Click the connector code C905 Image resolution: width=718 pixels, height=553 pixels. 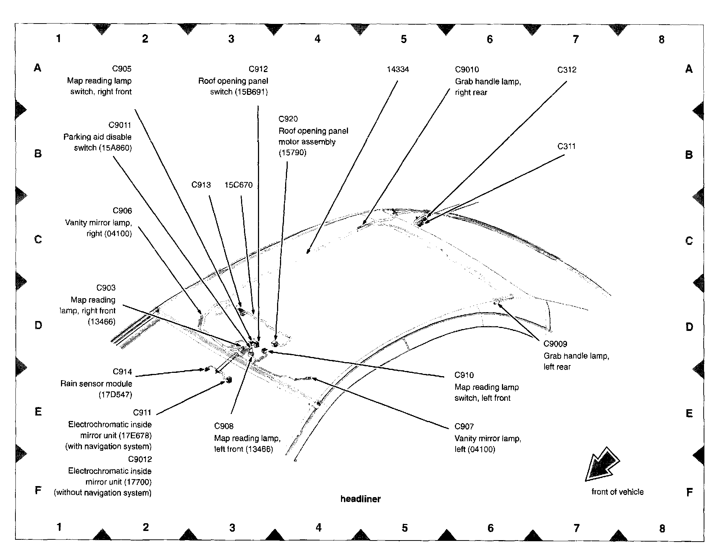[x=122, y=69]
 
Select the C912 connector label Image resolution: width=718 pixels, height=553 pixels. [x=258, y=69]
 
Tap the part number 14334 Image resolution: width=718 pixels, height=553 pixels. [x=398, y=69]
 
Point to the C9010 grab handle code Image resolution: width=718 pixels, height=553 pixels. [x=467, y=69]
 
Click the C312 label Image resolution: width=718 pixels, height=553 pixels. [x=567, y=70]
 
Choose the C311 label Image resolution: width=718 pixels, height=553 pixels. [x=566, y=146]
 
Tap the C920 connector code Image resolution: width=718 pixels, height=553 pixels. [x=288, y=119]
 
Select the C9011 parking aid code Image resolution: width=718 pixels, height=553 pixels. [x=120, y=125]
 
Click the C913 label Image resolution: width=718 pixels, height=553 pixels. [x=201, y=185]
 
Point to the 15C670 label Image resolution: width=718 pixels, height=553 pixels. [x=238, y=185]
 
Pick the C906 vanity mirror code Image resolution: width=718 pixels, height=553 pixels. [x=122, y=211]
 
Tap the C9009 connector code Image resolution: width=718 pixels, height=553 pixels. [x=555, y=344]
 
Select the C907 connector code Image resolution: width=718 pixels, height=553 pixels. [x=464, y=427]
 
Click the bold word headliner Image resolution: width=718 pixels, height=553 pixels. [x=360, y=499]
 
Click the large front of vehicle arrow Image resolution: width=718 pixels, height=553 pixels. [x=602, y=465]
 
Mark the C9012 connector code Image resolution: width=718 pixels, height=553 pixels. [x=140, y=459]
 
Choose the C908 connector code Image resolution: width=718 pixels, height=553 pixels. [x=223, y=426]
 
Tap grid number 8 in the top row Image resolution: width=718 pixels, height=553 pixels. [x=661, y=39]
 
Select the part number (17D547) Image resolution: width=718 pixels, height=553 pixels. [x=115, y=395]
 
